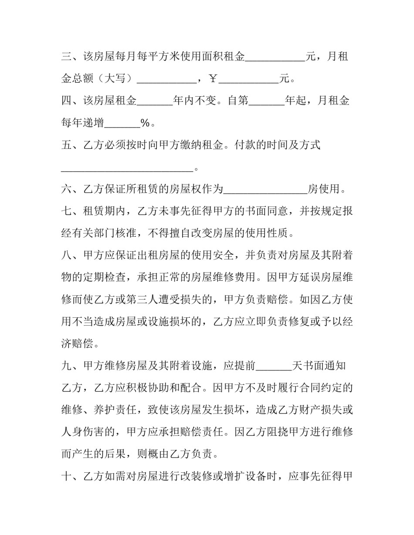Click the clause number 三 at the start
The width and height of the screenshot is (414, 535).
[x=66, y=57]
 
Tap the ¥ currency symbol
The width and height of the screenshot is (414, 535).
[x=213, y=79]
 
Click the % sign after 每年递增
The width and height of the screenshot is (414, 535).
[x=145, y=123]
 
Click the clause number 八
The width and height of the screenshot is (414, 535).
[x=66, y=256]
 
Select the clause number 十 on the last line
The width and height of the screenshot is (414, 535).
[x=66, y=476]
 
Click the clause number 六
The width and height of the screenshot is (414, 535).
[x=66, y=189]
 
